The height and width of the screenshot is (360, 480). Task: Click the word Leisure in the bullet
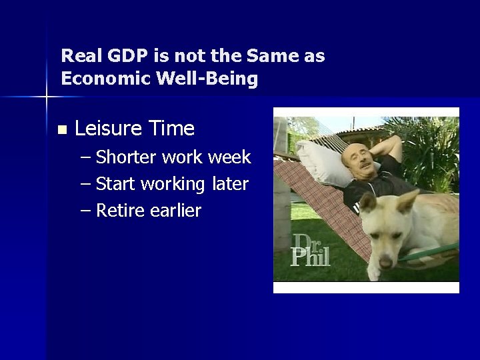click(x=106, y=127)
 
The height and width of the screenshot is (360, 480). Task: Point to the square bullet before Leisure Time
click(x=63, y=129)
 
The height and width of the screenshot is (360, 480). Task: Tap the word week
click(x=229, y=157)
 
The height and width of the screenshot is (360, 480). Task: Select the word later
click(x=231, y=183)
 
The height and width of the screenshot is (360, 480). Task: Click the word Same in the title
click(x=272, y=55)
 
